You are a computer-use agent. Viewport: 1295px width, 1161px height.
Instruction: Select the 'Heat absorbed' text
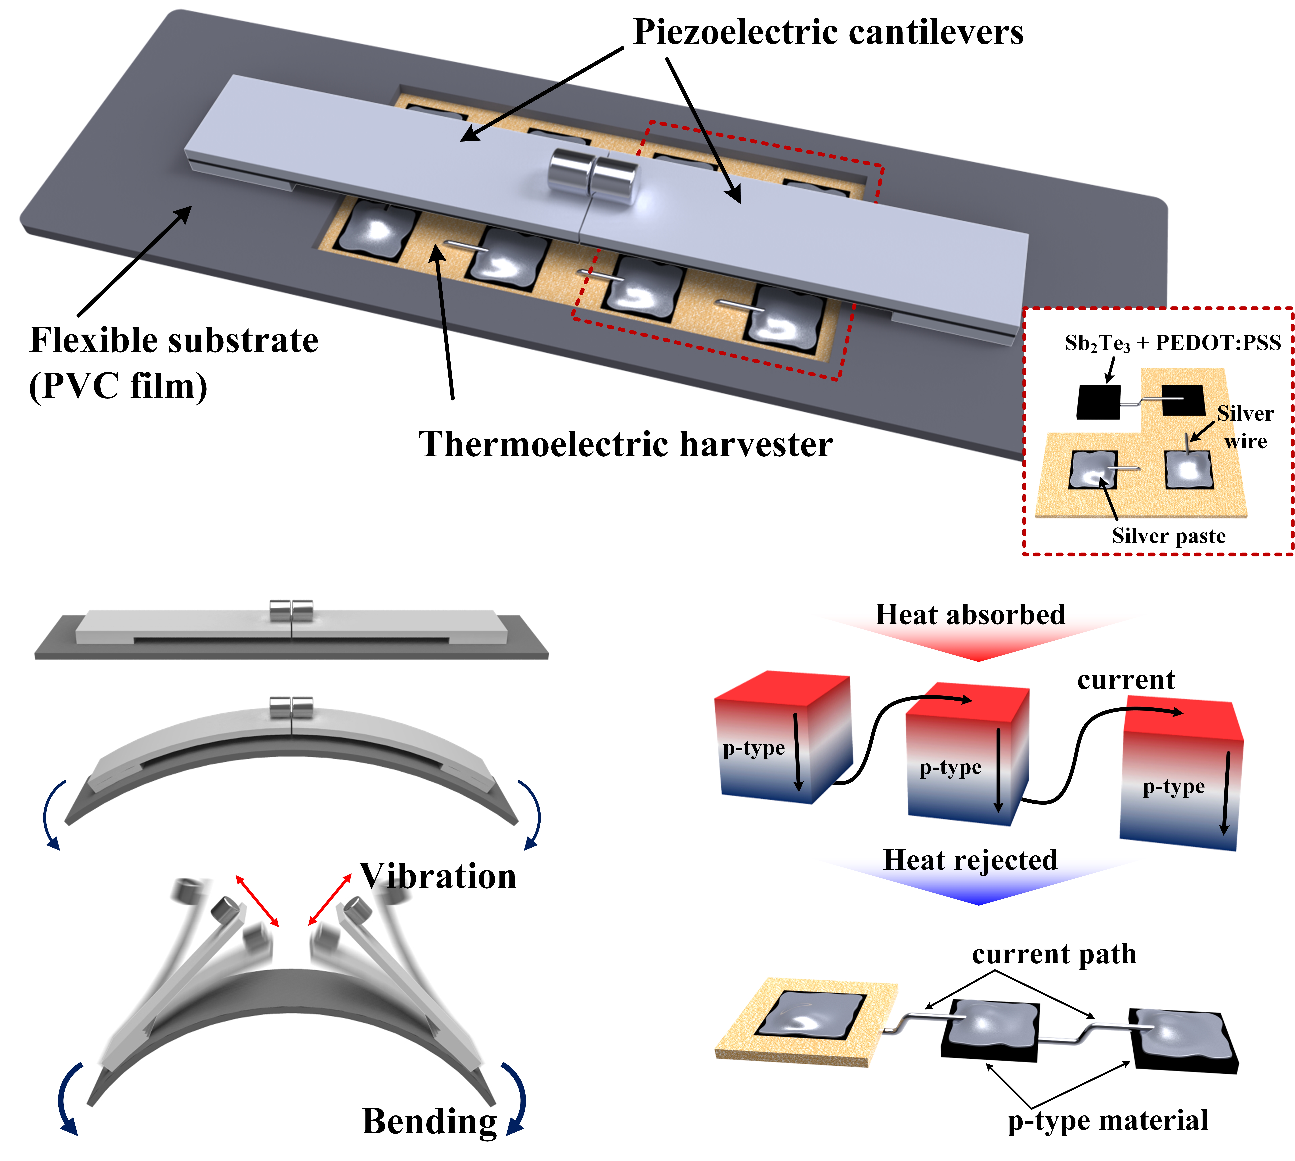pyautogui.click(x=970, y=614)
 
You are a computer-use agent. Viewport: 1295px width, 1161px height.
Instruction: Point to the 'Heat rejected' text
pyautogui.click(x=970, y=860)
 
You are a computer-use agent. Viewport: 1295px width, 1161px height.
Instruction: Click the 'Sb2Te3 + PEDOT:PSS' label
pyautogui.click(x=1173, y=343)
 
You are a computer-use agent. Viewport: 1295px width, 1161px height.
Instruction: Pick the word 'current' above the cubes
pyautogui.click(x=1126, y=680)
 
